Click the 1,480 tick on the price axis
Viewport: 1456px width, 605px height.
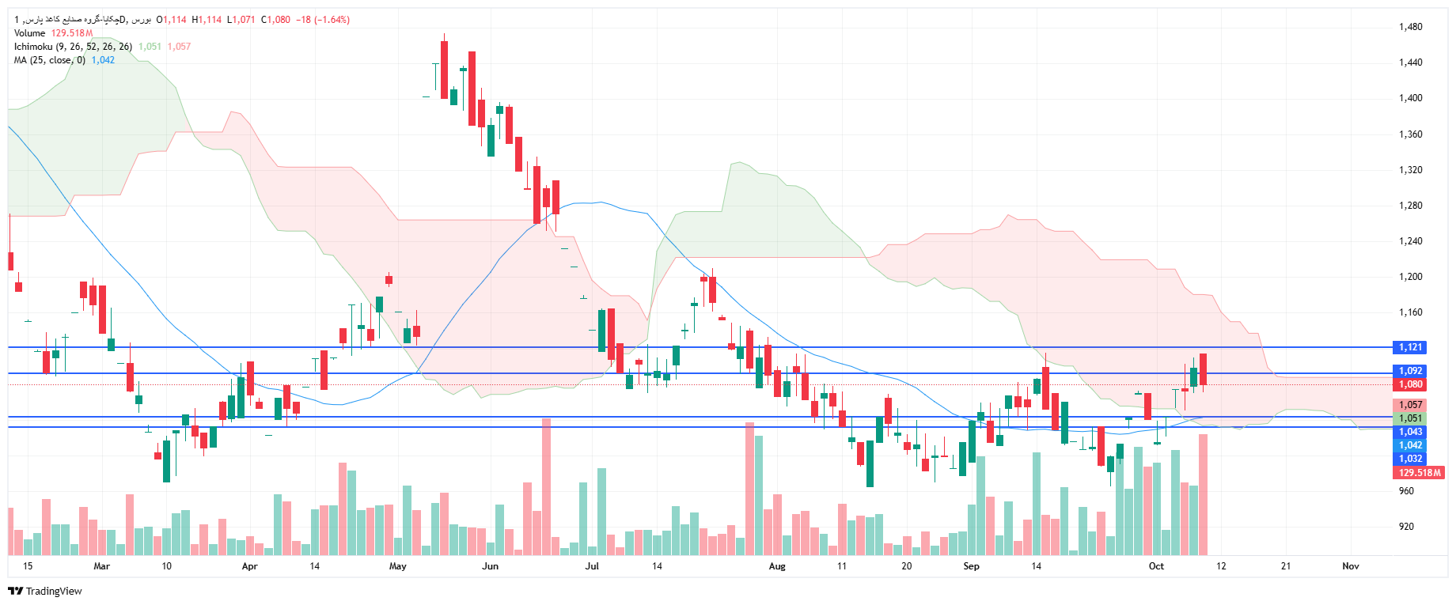click(1410, 27)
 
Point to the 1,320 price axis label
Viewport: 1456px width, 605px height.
click(1410, 170)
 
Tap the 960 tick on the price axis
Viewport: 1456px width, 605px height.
click(1406, 491)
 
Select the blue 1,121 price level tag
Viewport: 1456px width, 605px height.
click(1410, 347)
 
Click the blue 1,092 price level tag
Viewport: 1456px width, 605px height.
click(1410, 371)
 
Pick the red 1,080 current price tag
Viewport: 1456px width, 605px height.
click(1410, 384)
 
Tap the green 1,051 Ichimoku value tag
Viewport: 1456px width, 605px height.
click(1410, 418)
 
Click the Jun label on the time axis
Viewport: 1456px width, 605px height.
click(491, 566)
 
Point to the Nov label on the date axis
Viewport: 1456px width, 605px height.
click(1351, 566)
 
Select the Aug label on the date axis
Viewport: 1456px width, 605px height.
click(777, 566)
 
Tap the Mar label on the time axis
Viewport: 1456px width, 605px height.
click(102, 566)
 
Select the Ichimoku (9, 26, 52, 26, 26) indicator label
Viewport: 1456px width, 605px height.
click(73, 47)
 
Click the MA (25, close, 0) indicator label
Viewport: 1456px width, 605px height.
click(49, 60)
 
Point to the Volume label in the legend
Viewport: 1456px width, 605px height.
click(30, 33)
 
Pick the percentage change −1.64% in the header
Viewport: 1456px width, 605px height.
click(333, 20)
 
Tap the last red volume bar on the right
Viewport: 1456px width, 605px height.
click(1204, 494)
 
